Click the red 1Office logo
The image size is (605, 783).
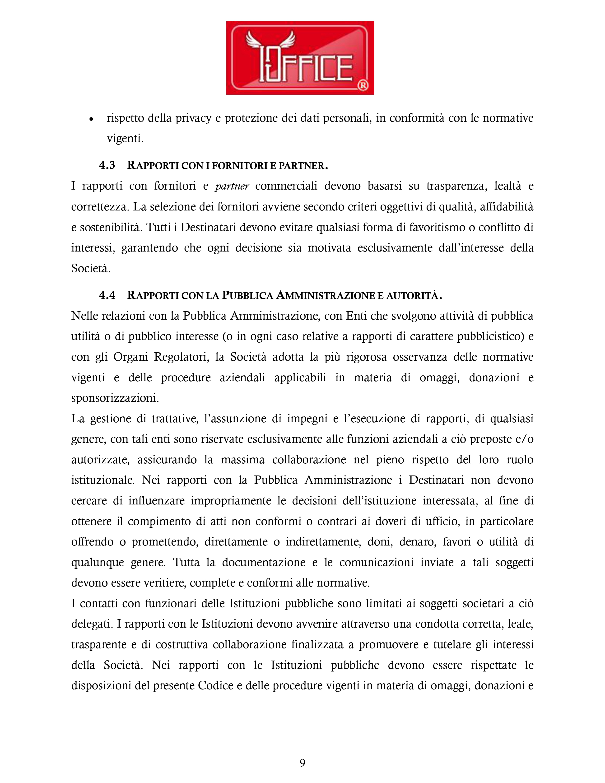300,58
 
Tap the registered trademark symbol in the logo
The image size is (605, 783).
363,85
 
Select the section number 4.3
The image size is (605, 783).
107,165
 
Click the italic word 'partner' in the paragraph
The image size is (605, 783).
232,186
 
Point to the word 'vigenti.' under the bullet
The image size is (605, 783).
125,138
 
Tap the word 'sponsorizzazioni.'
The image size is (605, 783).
115,398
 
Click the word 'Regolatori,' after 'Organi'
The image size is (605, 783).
182,357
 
